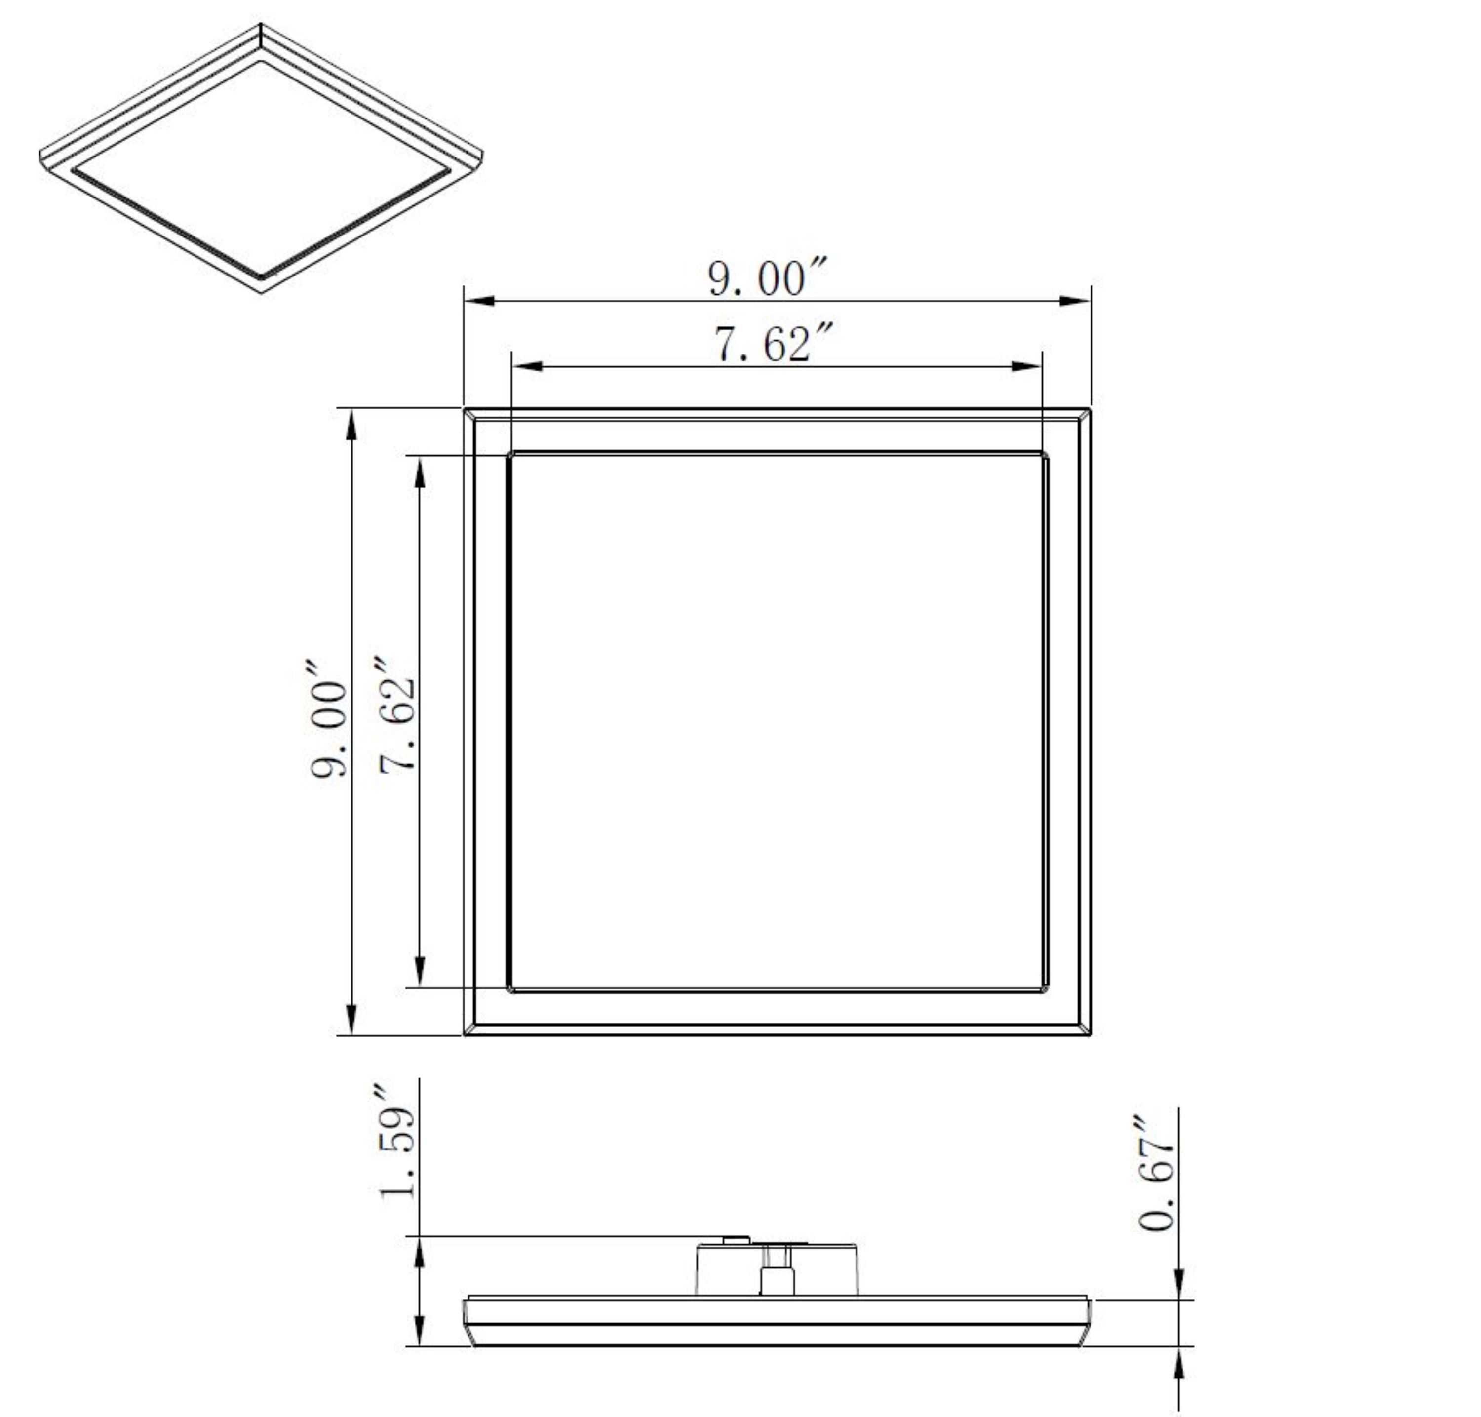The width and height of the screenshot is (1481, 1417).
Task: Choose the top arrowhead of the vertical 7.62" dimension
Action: click(x=420, y=472)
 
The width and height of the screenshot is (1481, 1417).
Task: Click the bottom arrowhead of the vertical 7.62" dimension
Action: click(x=420, y=971)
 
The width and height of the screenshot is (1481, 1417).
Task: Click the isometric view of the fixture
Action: click(x=261, y=158)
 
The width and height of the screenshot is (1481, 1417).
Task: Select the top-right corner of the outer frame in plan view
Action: click(x=1089, y=410)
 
